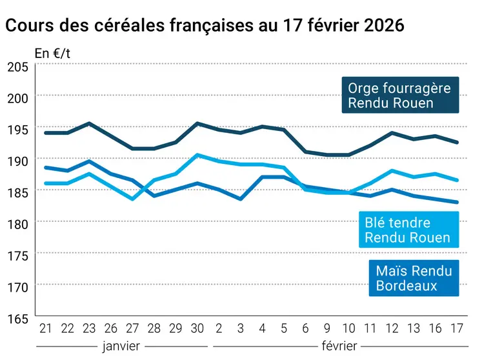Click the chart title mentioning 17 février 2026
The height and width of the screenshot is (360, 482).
click(x=205, y=25)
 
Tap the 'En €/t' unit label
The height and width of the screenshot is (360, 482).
click(x=52, y=54)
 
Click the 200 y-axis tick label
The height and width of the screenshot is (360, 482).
click(x=17, y=97)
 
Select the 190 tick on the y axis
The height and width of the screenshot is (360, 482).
click(x=17, y=160)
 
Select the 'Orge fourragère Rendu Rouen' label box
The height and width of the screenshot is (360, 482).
click(x=399, y=95)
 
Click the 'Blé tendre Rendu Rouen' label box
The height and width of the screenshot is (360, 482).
click(x=408, y=230)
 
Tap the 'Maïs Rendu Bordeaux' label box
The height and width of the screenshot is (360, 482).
click(x=414, y=278)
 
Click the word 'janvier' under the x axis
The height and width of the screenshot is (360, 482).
click(x=121, y=346)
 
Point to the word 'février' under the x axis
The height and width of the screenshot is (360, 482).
click(x=339, y=346)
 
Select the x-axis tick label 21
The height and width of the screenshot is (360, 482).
click(x=45, y=328)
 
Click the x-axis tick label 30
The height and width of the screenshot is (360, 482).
click(x=197, y=328)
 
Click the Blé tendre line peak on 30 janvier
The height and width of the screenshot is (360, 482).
click(x=197, y=155)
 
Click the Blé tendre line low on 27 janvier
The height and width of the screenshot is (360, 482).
click(x=132, y=199)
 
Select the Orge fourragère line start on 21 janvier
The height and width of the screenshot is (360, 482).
click(x=45, y=133)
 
